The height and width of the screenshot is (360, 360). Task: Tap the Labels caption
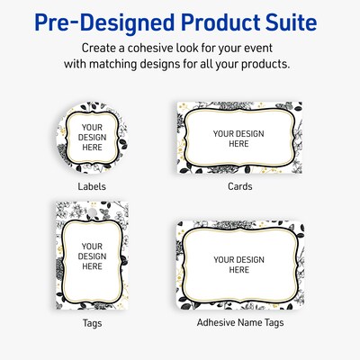92,186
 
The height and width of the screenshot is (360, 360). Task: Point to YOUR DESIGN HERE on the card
238,138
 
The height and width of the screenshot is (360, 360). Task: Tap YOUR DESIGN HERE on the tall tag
92,256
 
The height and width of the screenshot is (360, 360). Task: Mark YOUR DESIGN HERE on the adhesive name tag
238,265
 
